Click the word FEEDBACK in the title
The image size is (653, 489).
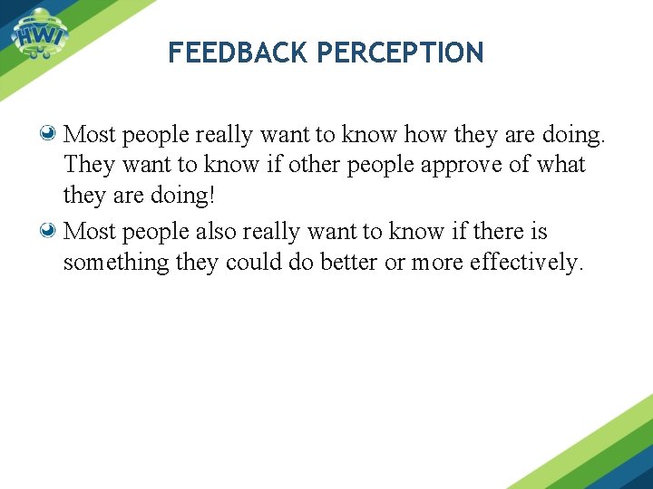point(239,53)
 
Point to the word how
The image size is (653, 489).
point(425,135)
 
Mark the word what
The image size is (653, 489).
point(561,166)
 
